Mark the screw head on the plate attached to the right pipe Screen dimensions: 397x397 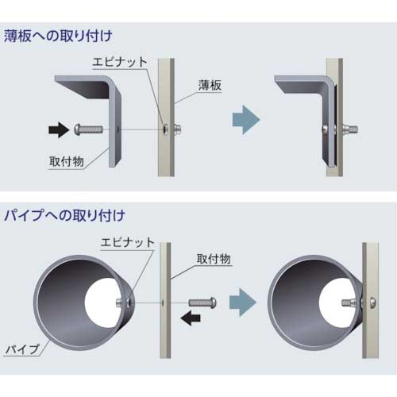(x=373, y=302)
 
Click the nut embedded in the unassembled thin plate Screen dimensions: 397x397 (x=163, y=128)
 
